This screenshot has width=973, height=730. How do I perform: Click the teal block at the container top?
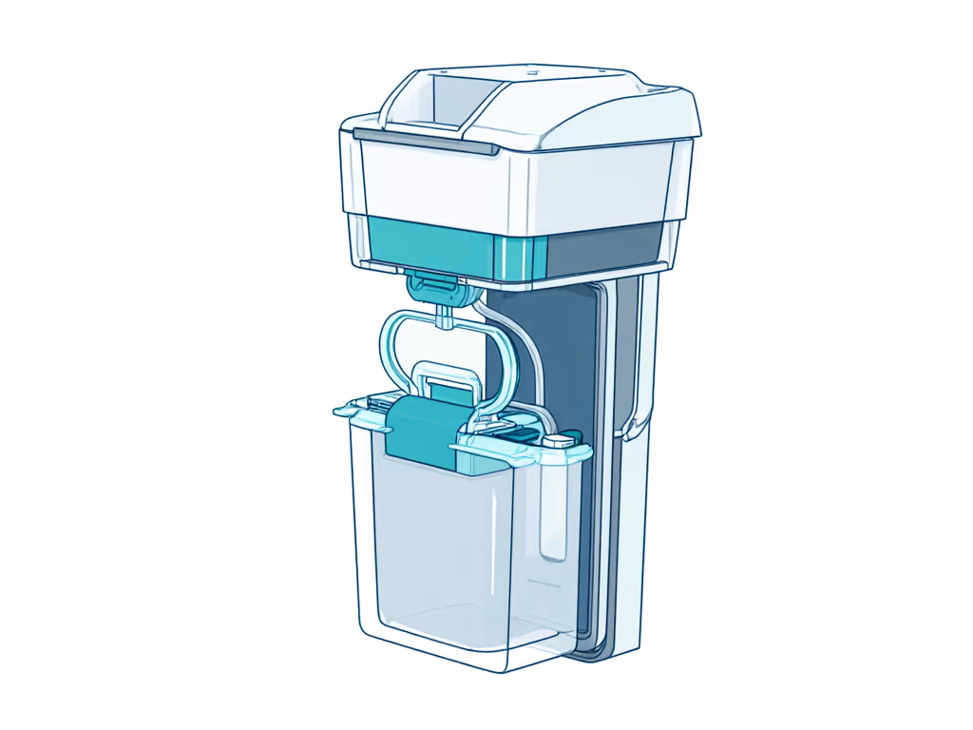point(418,432)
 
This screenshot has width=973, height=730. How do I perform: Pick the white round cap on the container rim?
point(562,439)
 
